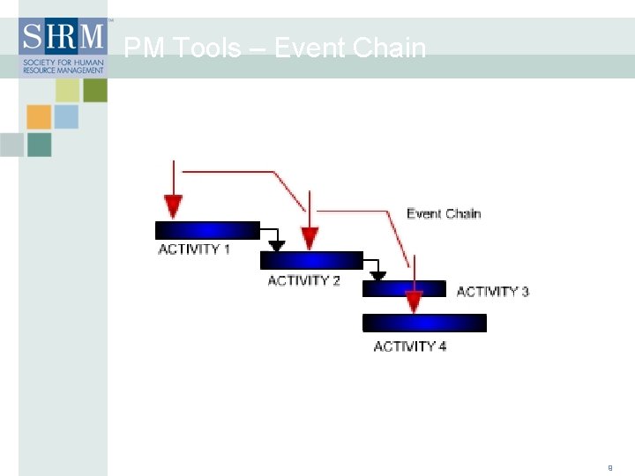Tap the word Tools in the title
[x=207, y=48]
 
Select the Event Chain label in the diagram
[x=444, y=213]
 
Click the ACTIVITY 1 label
[x=194, y=249]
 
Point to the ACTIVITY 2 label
[x=303, y=280]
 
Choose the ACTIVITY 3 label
[x=492, y=291]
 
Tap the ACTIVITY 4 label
[x=410, y=346]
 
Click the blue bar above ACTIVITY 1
[x=207, y=231]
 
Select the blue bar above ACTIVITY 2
[x=311, y=260]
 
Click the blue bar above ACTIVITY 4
[x=424, y=323]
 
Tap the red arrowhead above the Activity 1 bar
[x=174, y=206]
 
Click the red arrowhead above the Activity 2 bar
[x=310, y=237]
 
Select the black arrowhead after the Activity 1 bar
[x=277, y=246]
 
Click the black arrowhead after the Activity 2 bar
[x=377, y=276]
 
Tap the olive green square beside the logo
[x=95, y=90]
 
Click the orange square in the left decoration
[x=39, y=117]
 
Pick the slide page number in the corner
[x=609, y=467]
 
